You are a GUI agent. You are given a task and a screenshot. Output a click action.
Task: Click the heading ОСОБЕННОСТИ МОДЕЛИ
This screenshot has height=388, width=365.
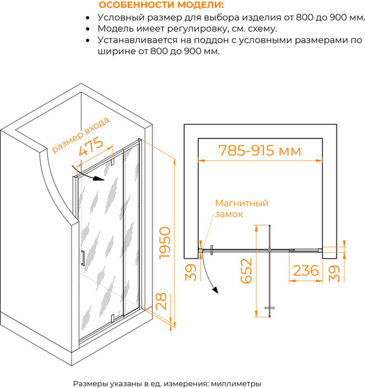point(161,5)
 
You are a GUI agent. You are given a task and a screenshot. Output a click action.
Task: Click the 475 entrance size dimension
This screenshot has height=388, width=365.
point(90,146)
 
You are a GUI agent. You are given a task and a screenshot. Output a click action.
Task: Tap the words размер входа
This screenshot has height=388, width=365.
point(81,135)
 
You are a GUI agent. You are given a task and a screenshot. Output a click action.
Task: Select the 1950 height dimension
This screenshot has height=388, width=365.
point(165,243)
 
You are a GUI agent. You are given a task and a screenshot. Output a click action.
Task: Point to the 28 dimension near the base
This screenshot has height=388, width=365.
point(162,301)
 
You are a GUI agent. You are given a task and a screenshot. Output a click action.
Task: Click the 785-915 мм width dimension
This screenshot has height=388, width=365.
point(260,151)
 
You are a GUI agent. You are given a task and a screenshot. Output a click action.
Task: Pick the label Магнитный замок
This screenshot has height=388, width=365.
point(242,208)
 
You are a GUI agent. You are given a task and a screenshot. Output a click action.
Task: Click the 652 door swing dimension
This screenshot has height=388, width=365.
point(246,271)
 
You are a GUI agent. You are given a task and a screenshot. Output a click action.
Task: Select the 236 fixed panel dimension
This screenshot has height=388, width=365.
point(306,270)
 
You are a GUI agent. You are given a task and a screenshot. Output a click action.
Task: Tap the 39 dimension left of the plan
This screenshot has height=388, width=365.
point(191,272)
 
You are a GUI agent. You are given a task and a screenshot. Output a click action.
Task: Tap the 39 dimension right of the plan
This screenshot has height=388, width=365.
point(335,273)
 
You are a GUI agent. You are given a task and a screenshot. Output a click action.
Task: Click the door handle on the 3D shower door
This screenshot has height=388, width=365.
point(83,258)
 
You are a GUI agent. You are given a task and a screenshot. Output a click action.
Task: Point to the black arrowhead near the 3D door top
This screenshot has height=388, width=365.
point(98,178)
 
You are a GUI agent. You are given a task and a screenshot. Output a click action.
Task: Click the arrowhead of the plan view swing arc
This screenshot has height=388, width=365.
point(215,290)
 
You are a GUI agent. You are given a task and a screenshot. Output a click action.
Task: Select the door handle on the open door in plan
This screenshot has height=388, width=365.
point(269,308)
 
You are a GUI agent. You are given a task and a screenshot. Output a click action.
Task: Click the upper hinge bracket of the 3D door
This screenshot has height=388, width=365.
point(112,162)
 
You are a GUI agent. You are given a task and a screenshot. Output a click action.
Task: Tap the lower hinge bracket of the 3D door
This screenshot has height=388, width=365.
point(112,318)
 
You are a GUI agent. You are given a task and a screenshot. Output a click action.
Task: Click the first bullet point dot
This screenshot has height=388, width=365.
point(87,18)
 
